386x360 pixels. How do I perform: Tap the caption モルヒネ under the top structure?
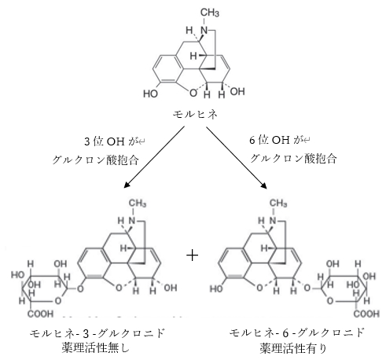pyautogui.click(x=194, y=115)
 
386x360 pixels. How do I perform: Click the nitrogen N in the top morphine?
pyautogui.click(x=201, y=31)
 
